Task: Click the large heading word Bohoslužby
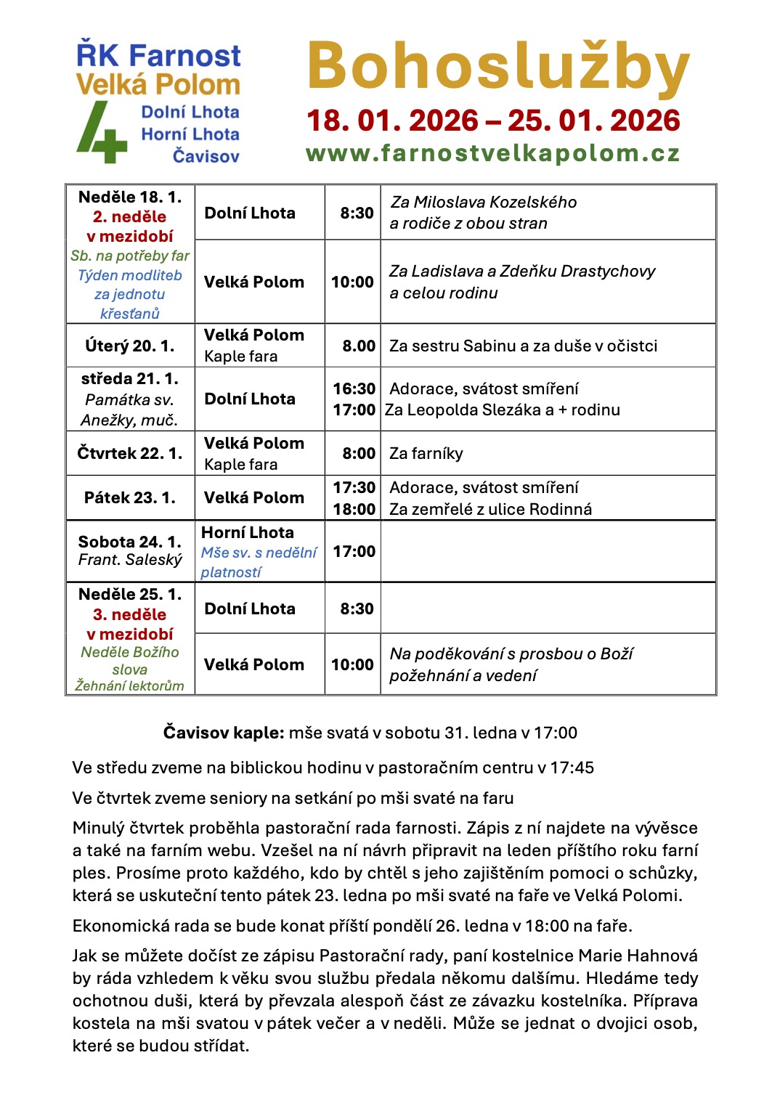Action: pos(497,68)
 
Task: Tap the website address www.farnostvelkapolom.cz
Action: pos(492,153)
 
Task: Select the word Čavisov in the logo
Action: pos(206,156)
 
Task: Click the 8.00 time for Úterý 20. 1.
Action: pos(359,346)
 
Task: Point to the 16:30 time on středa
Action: pos(354,389)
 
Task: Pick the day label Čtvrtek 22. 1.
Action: pos(129,453)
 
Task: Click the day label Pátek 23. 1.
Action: pos(129,497)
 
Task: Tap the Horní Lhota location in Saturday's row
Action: pos(247,532)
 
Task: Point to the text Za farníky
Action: pos(426,454)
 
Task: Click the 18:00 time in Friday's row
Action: pos(354,509)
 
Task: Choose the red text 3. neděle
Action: pos(129,614)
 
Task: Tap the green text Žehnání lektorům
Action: pos(129,685)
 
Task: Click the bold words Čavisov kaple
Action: pos(223,733)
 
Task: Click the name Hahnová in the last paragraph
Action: pos(662,956)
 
